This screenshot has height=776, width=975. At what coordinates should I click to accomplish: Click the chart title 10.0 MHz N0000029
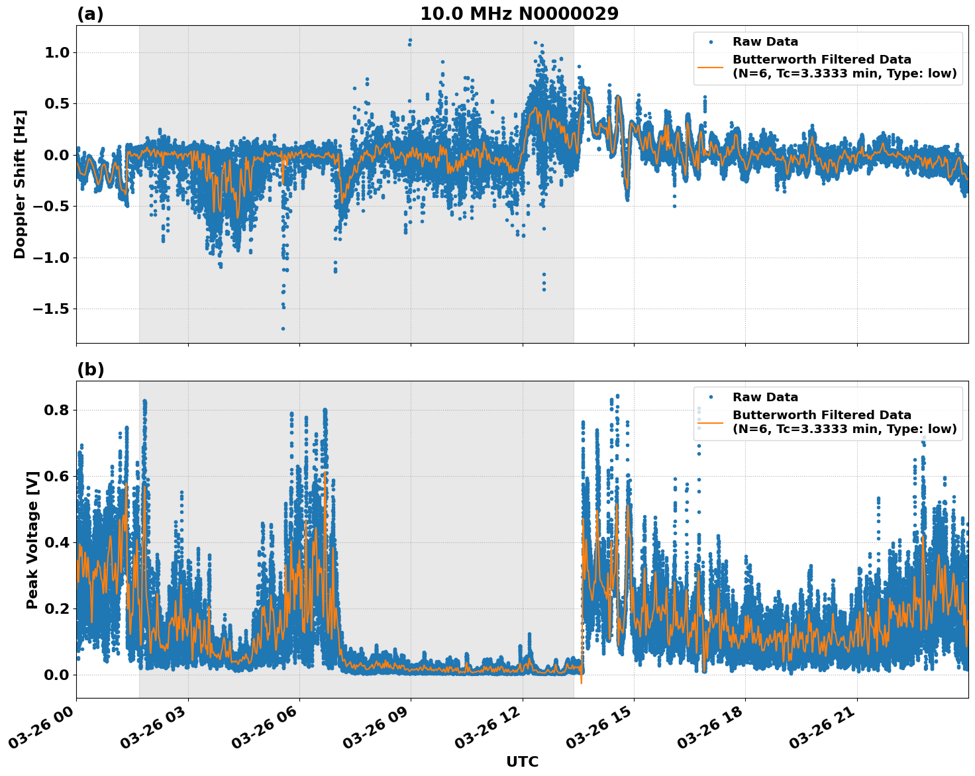pyautogui.click(x=519, y=13)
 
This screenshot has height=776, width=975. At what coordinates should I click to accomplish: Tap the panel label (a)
pyautogui.click(x=90, y=14)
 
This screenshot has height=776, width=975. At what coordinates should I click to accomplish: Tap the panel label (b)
pyautogui.click(x=90, y=369)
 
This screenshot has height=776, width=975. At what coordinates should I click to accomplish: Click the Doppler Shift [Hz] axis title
pyautogui.click(x=20, y=184)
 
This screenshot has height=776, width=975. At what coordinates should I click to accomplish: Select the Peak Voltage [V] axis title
pyautogui.click(x=32, y=540)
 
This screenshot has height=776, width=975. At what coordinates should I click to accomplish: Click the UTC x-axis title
pyautogui.click(x=522, y=761)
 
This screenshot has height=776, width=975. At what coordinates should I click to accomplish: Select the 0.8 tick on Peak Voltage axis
pyautogui.click(x=56, y=410)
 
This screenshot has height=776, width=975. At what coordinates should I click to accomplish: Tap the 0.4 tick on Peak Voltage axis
pyautogui.click(x=56, y=542)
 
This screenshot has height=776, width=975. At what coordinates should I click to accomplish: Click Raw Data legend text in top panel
pyautogui.click(x=765, y=42)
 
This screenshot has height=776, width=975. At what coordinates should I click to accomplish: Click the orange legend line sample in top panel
pyautogui.click(x=711, y=66)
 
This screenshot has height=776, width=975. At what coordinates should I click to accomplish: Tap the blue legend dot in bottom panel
pyautogui.click(x=711, y=397)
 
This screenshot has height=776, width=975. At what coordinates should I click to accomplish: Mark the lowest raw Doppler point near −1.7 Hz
pyautogui.click(x=283, y=328)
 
